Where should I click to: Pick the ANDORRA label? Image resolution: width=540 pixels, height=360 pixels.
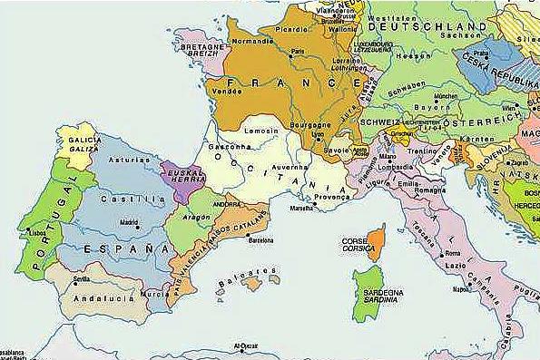226,205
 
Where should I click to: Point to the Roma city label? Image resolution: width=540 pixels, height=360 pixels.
453,252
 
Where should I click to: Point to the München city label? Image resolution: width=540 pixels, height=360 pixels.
446,95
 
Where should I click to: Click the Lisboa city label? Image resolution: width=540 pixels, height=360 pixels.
37,232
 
